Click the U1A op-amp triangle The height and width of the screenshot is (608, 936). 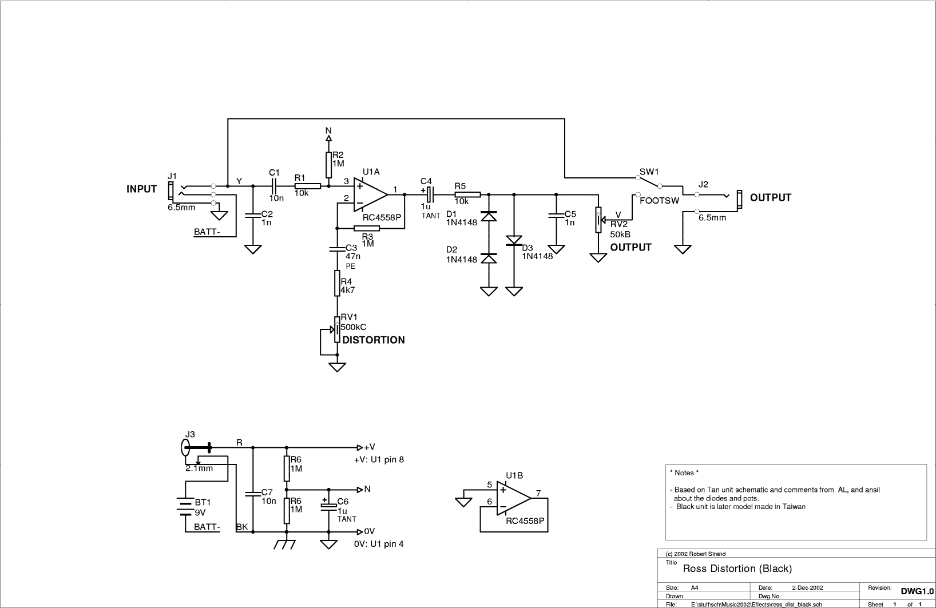pyautogui.click(x=370, y=194)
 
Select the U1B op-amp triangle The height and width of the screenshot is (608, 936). pyautogui.click(x=514, y=498)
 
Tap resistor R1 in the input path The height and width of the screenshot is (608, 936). pyautogui.click(x=308, y=186)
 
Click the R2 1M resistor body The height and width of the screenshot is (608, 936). pyautogui.click(x=328, y=165)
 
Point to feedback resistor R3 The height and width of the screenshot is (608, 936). pyautogui.click(x=367, y=228)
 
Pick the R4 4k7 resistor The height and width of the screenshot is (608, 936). pyautogui.click(x=337, y=283)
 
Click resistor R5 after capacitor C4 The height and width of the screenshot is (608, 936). pyautogui.click(x=467, y=194)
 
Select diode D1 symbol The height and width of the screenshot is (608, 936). pyautogui.click(x=489, y=216)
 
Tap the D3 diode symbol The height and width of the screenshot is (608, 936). pyautogui.click(x=514, y=241)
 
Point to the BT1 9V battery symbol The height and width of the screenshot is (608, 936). pyautogui.click(x=185, y=506)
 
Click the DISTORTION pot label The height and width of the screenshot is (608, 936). pyautogui.click(x=374, y=340)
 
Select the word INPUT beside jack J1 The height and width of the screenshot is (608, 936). pyautogui.click(x=142, y=189)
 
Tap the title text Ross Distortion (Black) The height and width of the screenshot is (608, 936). pyautogui.click(x=737, y=569)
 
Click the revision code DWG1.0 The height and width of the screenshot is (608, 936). pyautogui.click(x=917, y=591)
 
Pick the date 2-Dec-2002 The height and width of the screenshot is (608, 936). pyautogui.click(x=808, y=587)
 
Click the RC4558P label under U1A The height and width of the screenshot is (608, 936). pyautogui.click(x=382, y=218)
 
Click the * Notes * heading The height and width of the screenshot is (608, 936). pyautogui.click(x=684, y=472)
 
